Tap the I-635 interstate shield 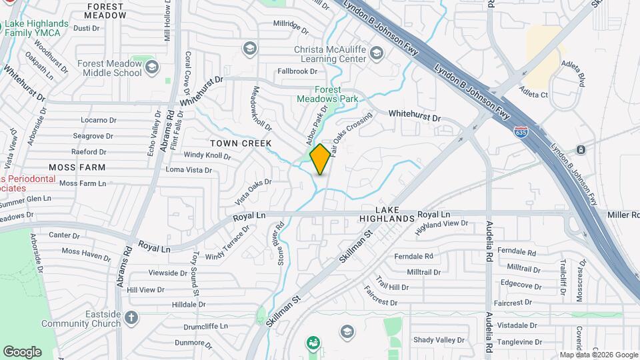coord(522,133)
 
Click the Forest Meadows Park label coord(327,95)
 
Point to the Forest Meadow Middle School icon coord(152,67)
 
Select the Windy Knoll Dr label coord(207,156)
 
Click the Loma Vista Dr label coord(189,170)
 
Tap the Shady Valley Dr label coord(438,340)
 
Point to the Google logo coord(22,352)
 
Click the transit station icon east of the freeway coord(581,149)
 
